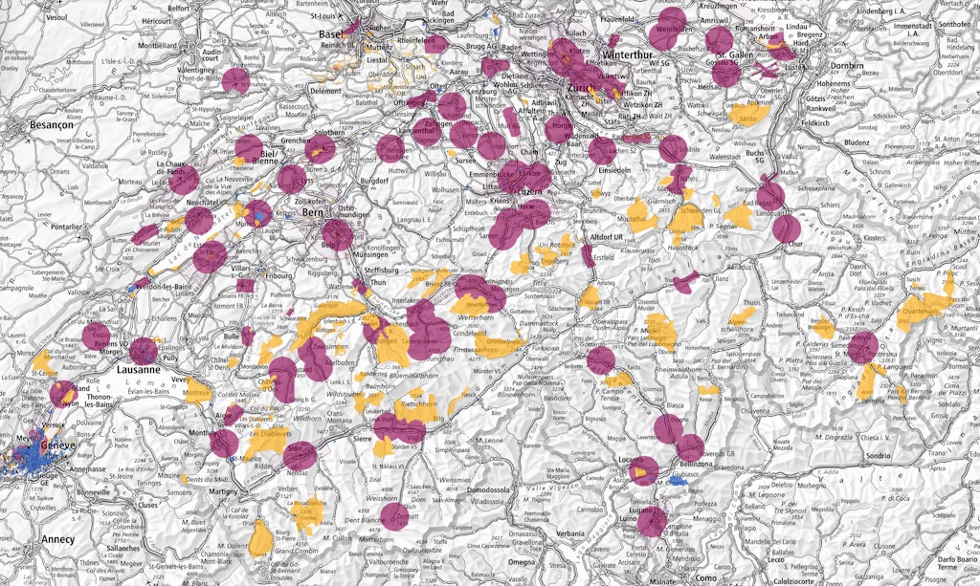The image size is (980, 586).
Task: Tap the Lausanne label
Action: tap(132, 369)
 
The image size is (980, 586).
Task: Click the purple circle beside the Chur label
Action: tap(787, 228)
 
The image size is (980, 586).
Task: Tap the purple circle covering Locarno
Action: tap(643, 470)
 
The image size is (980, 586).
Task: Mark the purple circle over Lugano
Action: tap(651, 522)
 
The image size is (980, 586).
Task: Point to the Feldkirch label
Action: tap(814, 123)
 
